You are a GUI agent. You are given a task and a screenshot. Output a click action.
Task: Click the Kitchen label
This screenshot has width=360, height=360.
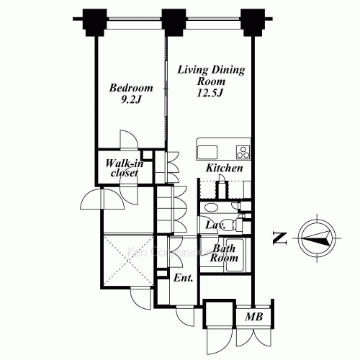click(224, 168)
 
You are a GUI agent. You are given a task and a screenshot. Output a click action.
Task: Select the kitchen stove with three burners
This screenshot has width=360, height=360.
click(243, 152)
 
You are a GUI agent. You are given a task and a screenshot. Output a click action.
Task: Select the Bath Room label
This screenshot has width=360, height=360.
click(224, 252)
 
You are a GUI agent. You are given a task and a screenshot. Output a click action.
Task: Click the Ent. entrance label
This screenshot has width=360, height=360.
click(183, 277)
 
